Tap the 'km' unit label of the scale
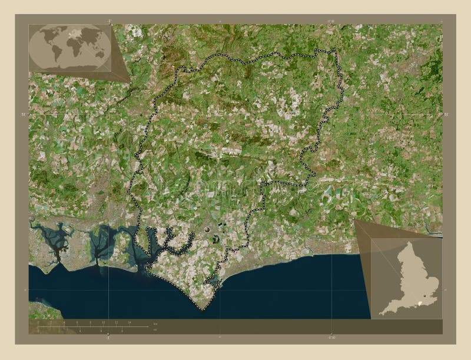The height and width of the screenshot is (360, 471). (x=154, y=324)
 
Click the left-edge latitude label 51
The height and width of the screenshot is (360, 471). (x=24, y=114)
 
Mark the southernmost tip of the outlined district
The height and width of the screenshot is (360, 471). (x=201, y=309)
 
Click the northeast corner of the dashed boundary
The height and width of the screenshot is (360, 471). (x=336, y=49)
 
